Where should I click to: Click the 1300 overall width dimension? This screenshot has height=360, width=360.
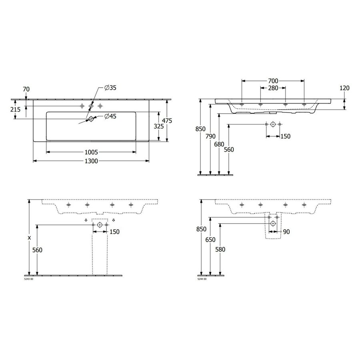(92, 161)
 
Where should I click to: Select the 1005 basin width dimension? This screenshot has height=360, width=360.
(92, 152)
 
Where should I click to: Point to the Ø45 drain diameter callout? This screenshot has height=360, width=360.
(110, 116)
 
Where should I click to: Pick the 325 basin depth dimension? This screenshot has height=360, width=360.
(159, 126)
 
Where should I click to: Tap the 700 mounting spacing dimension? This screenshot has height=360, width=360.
(273, 81)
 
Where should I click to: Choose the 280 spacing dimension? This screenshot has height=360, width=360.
(273, 88)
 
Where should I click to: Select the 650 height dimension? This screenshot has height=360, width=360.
(210, 240)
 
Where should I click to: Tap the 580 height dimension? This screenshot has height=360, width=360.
(220, 250)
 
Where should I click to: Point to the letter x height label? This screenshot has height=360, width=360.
(29, 238)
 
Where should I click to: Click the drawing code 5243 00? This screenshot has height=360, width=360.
(29, 279)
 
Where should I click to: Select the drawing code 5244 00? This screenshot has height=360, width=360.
(202, 279)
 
